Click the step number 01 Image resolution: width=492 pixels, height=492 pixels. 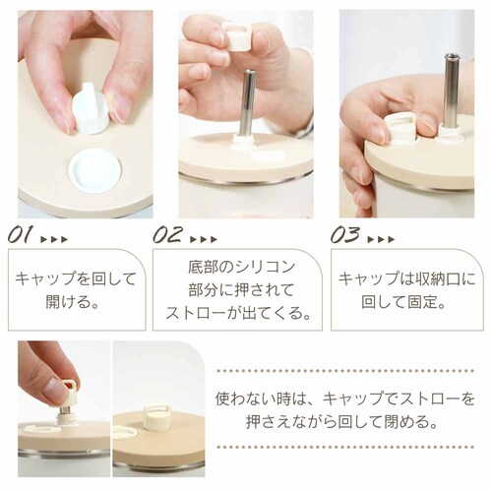pos(20,234)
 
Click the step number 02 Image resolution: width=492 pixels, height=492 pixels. pos(167,234)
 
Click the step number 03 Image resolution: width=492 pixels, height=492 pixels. pos(344,234)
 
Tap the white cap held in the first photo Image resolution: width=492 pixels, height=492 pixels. pos(90,109)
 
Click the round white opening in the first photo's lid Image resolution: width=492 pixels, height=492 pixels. pos(94,171)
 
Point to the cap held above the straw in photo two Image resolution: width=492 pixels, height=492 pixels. pos(237,35)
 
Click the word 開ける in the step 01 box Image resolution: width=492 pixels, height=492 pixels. pos(67,301)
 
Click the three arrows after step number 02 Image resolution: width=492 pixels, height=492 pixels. pos(204,239)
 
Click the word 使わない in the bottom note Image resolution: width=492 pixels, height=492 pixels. pos(248,399)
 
